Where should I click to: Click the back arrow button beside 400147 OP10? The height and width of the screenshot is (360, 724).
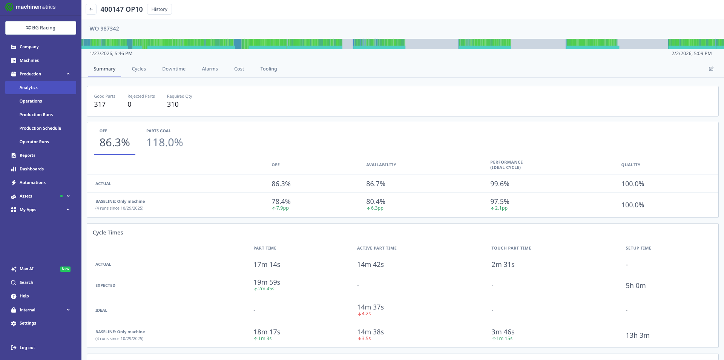pos(91,9)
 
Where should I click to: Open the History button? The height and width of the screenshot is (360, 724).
pos(159,9)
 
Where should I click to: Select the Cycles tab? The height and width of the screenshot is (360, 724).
pos(139,69)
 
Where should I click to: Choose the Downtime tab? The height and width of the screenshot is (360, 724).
pos(174,69)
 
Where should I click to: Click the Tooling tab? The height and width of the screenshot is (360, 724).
pos(268,69)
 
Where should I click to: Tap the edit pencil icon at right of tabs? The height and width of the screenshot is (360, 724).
pos(711,69)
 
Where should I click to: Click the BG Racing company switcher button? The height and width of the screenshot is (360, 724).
pos(41,28)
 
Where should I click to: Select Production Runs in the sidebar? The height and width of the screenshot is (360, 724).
pos(36,115)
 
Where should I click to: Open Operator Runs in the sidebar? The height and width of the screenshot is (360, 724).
pos(34,142)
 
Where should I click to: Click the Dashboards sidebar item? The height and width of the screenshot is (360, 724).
pos(32,169)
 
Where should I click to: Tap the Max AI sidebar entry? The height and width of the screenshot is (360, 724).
pos(26,269)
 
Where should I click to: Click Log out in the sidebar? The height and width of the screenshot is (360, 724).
pos(27,348)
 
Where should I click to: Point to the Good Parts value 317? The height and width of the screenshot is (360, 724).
pos(100,104)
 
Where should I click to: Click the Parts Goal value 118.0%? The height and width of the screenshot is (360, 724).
pos(164,142)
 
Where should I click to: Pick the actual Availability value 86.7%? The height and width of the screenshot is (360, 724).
pos(376,184)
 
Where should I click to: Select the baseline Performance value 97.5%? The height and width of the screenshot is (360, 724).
pos(500,202)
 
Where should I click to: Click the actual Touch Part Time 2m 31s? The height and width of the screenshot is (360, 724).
pos(503,265)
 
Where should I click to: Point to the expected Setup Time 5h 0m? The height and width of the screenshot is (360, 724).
pos(635,286)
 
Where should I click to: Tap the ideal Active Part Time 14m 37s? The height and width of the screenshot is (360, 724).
pos(370,307)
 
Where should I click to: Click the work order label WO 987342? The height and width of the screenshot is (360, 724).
pos(104,29)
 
